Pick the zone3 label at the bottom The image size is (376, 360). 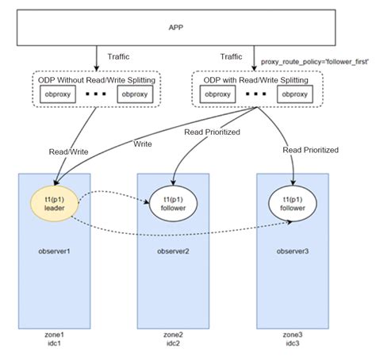tap(293, 335)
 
